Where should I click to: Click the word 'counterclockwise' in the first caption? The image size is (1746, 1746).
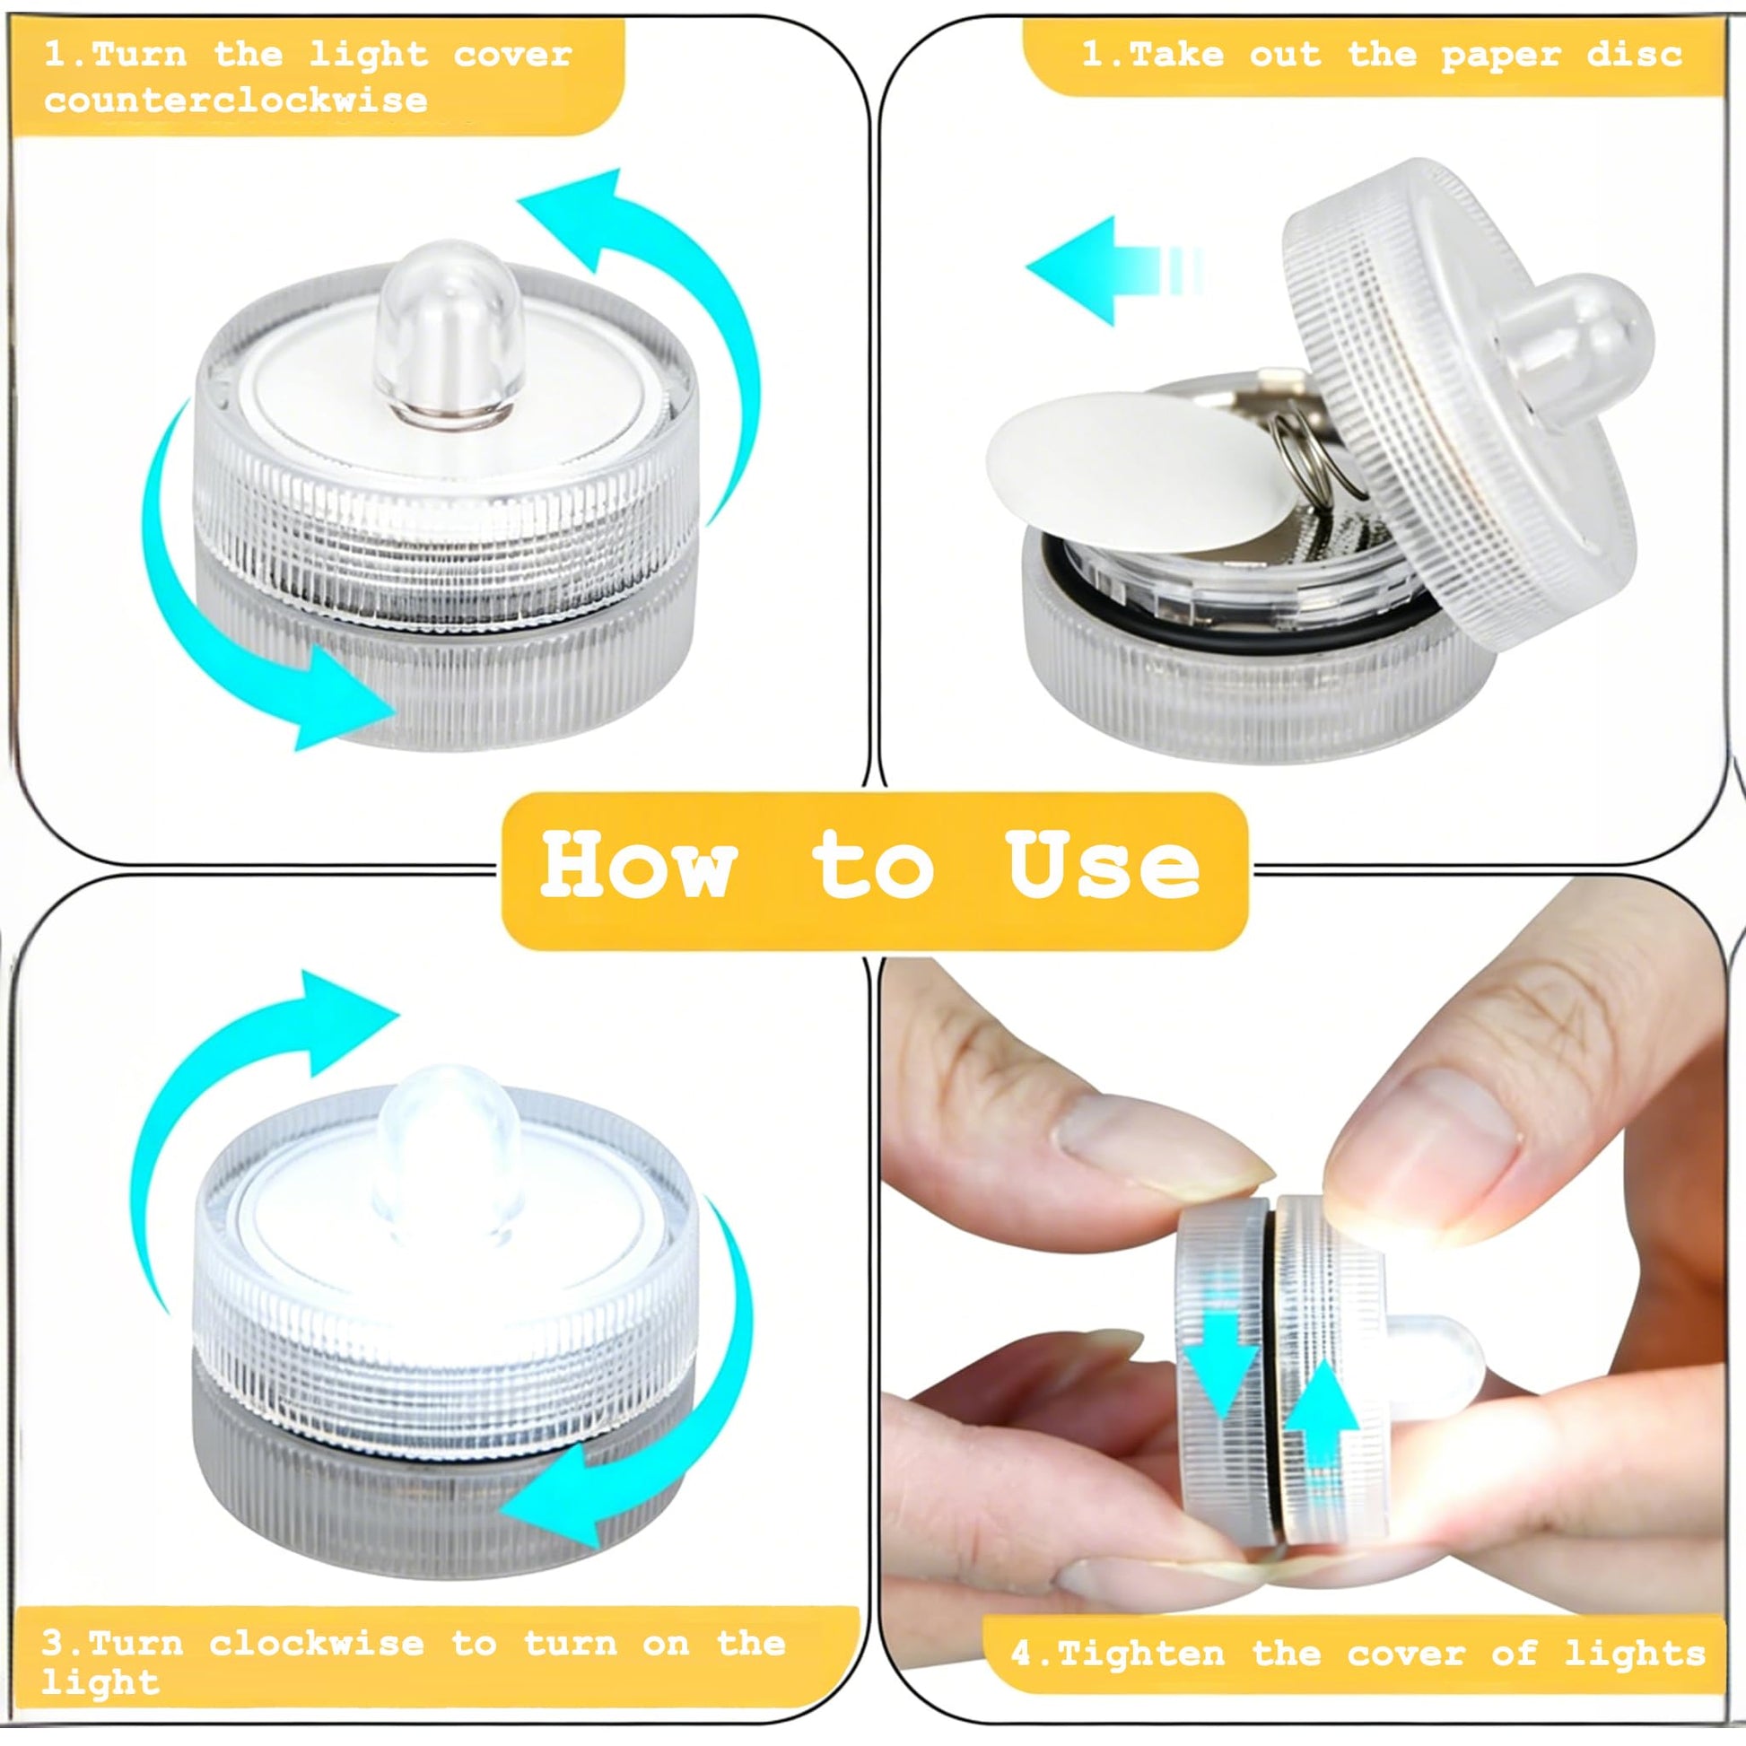click(236, 100)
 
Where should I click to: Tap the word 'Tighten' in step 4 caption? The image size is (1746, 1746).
click(1140, 1654)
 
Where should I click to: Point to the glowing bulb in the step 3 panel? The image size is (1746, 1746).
click(448, 1154)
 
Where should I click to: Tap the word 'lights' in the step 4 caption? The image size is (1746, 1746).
click(1635, 1654)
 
